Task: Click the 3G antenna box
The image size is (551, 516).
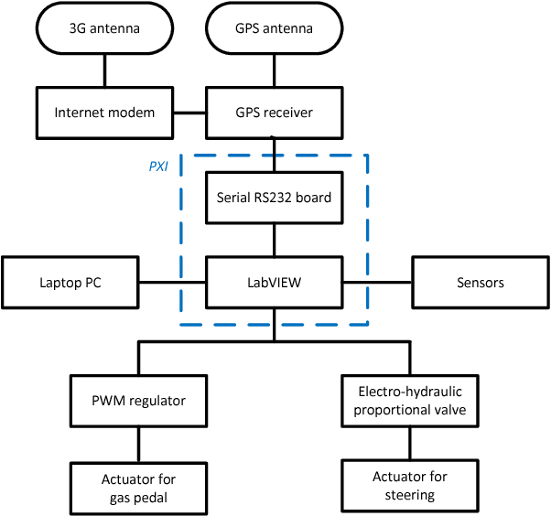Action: click(x=104, y=28)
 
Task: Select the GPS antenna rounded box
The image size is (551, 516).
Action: click(x=275, y=28)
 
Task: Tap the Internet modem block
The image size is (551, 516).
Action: click(x=104, y=113)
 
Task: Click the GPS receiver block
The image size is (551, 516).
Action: click(x=275, y=113)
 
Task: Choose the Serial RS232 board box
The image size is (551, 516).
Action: click(x=275, y=197)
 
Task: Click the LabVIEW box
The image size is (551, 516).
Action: click(x=275, y=282)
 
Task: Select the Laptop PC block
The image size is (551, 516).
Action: click(x=70, y=282)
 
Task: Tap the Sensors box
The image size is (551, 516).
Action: click(x=480, y=282)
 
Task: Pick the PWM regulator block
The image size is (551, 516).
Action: click(x=139, y=400)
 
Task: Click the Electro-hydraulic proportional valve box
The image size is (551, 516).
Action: click(x=410, y=400)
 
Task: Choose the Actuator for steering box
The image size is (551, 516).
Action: click(x=410, y=486)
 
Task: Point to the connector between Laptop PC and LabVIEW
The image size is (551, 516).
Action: click(x=171, y=282)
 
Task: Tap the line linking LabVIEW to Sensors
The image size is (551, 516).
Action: click(x=377, y=282)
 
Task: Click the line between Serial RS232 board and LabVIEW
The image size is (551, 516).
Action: click(x=275, y=240)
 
